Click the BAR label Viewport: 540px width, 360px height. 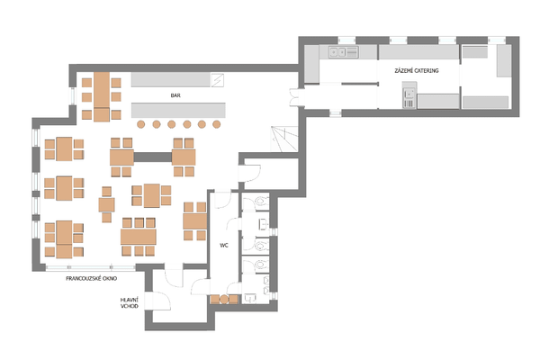coord(175,95)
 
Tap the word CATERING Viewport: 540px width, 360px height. coord(426,70)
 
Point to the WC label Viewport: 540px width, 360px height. coord(224,246)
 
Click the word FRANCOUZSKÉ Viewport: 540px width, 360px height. coord(83,278)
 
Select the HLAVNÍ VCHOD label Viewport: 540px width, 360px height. coord(130,302)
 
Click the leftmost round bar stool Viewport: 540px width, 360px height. coord(141,124)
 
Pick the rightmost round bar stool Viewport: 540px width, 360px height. coord(216,124)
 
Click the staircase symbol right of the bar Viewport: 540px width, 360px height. coord(284,139)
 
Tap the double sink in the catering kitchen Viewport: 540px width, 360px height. coord(337,52)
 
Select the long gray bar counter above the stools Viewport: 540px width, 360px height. coord(178,110)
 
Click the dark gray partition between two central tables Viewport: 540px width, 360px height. coord(153,157)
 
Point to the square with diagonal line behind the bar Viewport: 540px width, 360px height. coord(217,80)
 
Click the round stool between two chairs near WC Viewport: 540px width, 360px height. coord(224,300)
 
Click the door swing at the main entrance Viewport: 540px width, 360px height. coord(161,301)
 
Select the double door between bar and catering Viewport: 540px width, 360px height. coord(295,97)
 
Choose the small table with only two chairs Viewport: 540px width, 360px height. coord(107,204)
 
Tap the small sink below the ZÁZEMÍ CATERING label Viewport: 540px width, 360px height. coord(409,94)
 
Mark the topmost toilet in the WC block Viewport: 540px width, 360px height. coord(261,202)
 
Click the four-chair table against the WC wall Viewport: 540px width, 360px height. coord(195,221)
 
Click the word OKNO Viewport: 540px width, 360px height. coord(109,278)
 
